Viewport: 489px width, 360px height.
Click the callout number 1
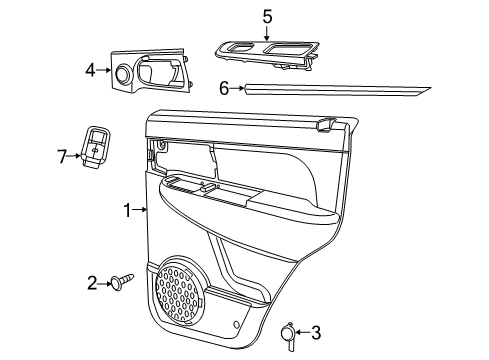pos(127,210)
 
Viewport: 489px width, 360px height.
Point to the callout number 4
pos(90,70)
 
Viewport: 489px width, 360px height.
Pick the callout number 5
pos(267,15)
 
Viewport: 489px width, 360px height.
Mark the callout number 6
pos(224,88)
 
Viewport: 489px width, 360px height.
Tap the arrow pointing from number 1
pos(141,210)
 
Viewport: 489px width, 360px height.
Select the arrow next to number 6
pos(238,88)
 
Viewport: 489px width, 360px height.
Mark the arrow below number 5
pos(267,32)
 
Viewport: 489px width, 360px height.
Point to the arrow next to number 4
pos(103,70)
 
